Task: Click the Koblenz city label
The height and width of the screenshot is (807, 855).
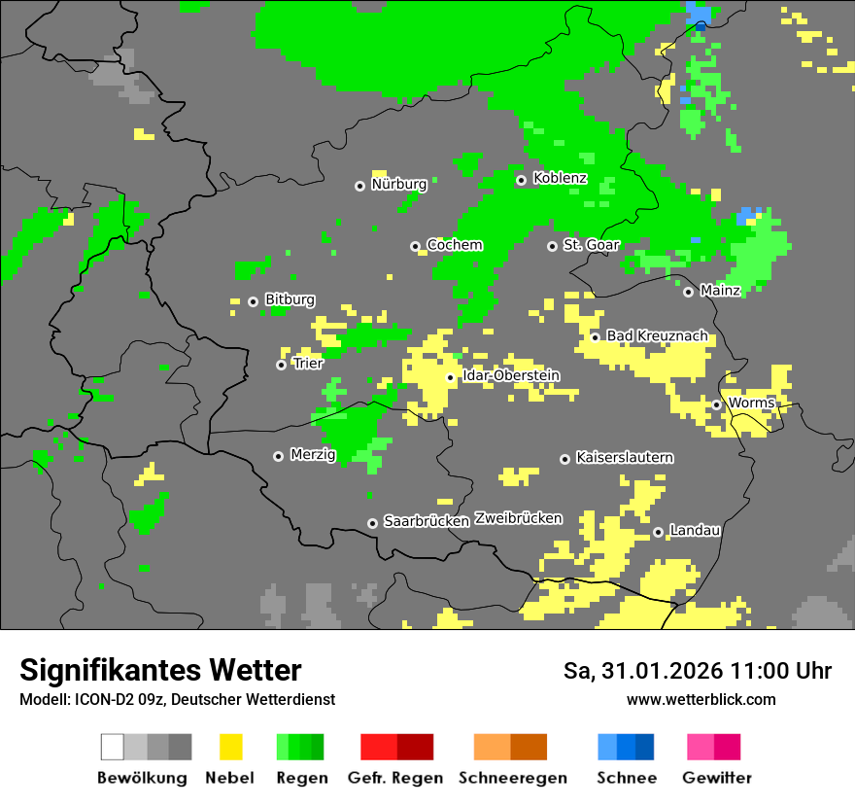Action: [x=560, y=179]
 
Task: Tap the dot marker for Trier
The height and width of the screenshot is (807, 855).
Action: [x=282, y=365]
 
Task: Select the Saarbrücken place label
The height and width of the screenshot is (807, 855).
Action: [x=427, y=522]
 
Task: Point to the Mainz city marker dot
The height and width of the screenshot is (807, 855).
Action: [x=689, y=292]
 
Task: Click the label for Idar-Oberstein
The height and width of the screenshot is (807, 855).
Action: [x=511, y=376]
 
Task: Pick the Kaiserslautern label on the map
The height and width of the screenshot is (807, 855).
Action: [x=625, y=458]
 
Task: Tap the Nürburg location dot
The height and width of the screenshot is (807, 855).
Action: [x=359, y=185]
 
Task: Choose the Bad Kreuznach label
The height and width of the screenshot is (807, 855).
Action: [x=657, y=336]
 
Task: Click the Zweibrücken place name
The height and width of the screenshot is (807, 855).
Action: [x=518, y=518]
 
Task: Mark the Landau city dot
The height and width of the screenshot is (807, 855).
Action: [x=658, y=532]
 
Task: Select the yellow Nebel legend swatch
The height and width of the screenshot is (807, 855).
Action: [x=230, y=747]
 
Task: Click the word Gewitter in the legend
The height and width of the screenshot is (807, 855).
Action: [x=717, y=778]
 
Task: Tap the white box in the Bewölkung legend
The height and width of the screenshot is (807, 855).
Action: [x=113, y=747]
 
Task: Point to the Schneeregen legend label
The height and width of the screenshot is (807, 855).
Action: [x=512, y=778]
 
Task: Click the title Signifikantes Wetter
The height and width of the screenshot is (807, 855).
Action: [x=160, y=670]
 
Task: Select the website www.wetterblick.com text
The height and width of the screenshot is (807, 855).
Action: [x=701, y=699]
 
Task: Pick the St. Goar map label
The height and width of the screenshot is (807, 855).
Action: [x=591, y=245]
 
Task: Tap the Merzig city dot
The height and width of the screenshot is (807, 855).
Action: [x=279, y=456]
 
